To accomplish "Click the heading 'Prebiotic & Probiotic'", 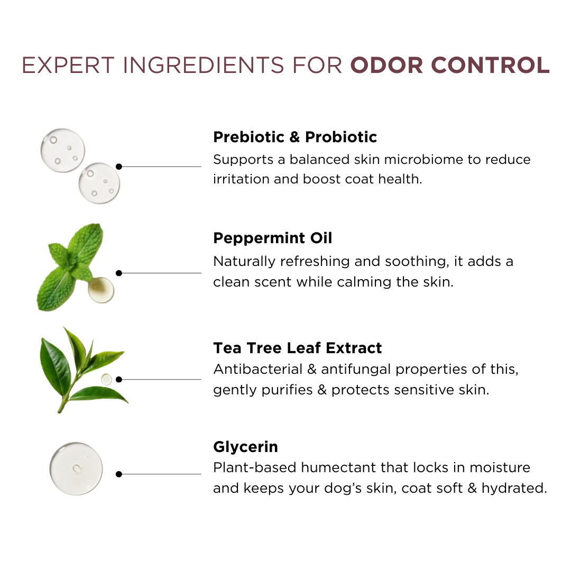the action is point(295,137).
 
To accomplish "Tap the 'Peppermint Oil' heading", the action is point(273,238).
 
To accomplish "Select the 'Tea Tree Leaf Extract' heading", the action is point(298,348).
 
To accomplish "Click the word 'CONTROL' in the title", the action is point(490,65).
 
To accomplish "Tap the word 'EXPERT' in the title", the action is point(68,65).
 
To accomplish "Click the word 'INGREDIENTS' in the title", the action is point(204,65).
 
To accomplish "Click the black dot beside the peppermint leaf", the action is point(119,273).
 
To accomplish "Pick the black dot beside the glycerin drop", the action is point(119,474).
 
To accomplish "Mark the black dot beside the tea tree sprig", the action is point(119,380).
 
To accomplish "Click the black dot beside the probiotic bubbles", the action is point(119,167).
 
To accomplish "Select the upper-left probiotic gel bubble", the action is point(62,150).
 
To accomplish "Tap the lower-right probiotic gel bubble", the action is point(99,183).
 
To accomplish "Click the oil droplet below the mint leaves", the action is point(101,290).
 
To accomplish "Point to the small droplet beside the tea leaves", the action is point(106,380).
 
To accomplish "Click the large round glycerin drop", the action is point(76,468).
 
